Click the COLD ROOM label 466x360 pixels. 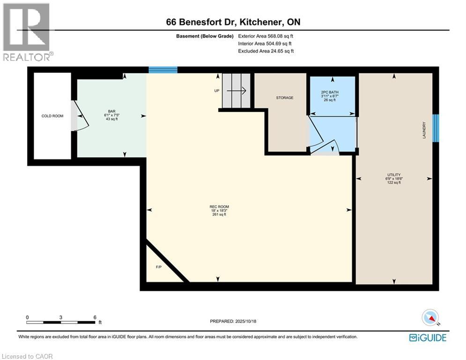click(52, 116)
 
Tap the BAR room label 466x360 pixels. click(111, 111)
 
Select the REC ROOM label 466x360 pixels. click(219, 207)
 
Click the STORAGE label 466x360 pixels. click(284, 97)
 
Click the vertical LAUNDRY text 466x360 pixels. click(424, 130)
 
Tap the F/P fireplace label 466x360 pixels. click(158, 267)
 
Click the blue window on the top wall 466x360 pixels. click(163, 70)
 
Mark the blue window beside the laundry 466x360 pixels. click(436, 128)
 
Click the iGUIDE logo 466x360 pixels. click(428, 337)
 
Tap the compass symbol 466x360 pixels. click(430, 318)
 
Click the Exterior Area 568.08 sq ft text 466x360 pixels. click(266, 36)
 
